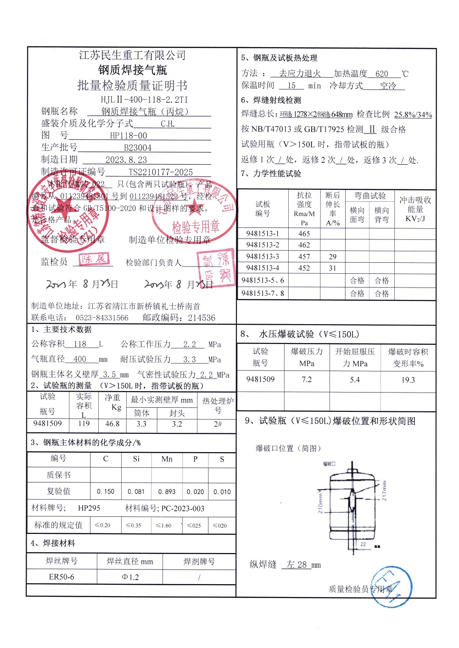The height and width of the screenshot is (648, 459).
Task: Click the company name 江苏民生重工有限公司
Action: (132, 55)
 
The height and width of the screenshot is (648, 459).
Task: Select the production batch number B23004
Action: (138, 148)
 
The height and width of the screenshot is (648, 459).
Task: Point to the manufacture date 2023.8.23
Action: (126, 160)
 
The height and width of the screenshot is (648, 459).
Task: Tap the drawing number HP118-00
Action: (129, 136)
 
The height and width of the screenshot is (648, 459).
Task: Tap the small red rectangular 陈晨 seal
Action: (95, 259)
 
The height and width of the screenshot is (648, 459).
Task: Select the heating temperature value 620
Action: (381, 73)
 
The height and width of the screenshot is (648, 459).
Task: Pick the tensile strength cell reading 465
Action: (304, 233)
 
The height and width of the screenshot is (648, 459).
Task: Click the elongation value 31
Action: (332, 268)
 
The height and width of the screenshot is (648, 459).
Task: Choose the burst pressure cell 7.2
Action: (307, 380)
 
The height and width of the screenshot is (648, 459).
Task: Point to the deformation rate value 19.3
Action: (408, 380)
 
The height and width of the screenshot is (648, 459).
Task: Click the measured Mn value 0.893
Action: (167, 492)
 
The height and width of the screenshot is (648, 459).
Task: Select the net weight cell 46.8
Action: (112, 424)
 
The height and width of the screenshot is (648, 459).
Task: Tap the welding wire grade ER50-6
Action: (62, 577)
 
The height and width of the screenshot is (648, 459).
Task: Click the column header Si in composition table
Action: (136, 459)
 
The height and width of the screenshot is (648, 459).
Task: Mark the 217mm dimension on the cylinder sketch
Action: (385, 490)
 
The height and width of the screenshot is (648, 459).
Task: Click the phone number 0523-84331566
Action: (102, 318)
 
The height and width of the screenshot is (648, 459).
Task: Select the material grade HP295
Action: (89, 508)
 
